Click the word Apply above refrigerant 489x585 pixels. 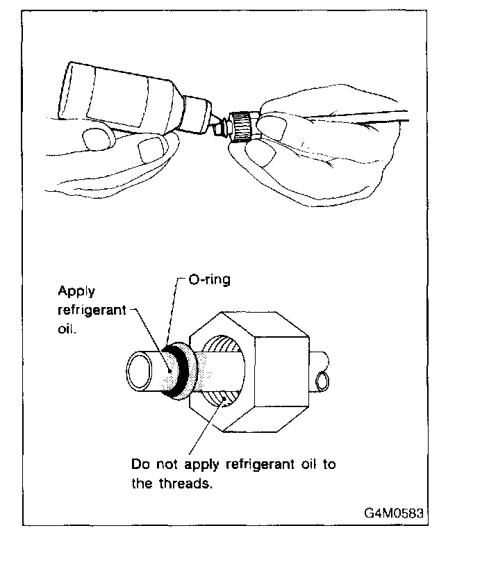click(76, 292)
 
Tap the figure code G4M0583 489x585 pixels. click(393, 514)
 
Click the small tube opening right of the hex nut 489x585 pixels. click(323, 380)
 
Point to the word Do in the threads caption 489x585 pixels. click(139, 464)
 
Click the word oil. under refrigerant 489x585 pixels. click(69, 329)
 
